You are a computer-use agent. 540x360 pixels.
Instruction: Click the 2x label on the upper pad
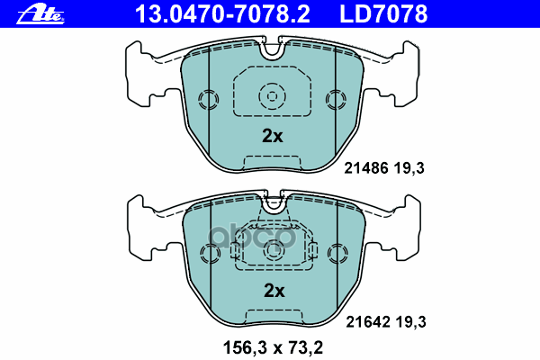[x=272, y=137]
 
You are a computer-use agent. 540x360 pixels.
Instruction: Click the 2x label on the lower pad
[x=272, y=290]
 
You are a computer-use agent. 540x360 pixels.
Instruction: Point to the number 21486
[x=365, y=167]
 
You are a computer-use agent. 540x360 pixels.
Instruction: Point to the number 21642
[x=365, y=320]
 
